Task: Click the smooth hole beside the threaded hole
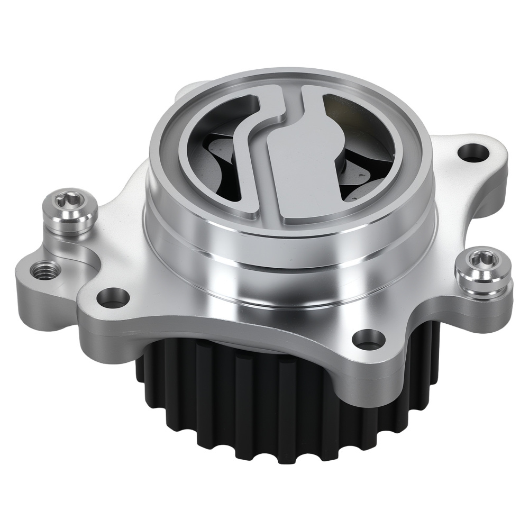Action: tap(112, 298)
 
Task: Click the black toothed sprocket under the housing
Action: tap(264, 402)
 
